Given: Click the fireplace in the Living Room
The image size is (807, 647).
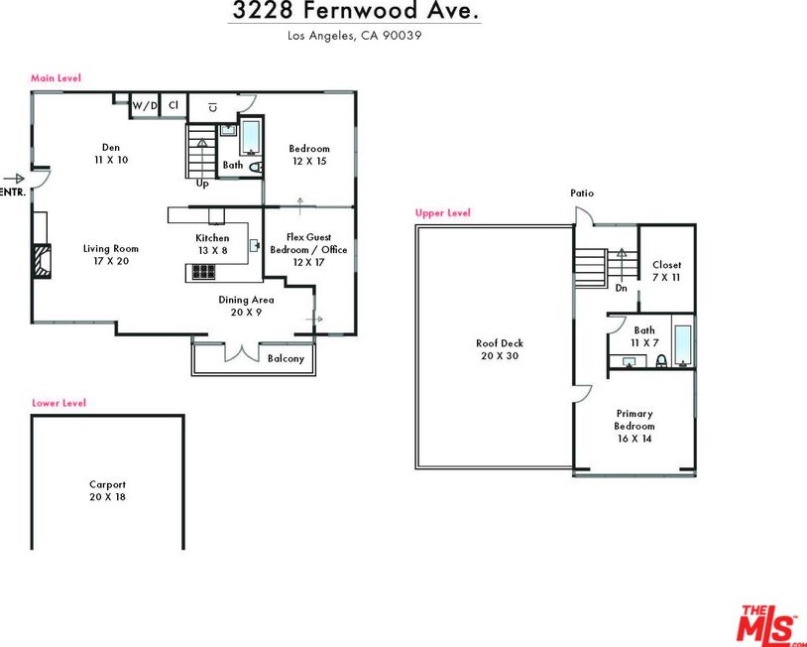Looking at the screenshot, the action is click(x=43, y=261).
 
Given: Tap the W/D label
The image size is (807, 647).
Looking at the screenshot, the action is click(x=145, y=106).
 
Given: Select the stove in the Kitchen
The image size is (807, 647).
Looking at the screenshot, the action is click(x=203, y=272).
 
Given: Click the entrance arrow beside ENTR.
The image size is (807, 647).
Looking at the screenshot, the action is click(x=14, y=179).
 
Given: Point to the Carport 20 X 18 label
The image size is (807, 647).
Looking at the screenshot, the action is click(x=107, y=490).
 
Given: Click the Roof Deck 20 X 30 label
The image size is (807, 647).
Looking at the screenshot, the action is click(x=500, y=349).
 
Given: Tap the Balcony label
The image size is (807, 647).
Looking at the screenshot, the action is click(x=286, y=358).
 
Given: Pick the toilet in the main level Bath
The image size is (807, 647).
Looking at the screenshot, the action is click(x=256, y=167).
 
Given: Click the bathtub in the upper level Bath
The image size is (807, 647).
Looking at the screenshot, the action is click(x=682, y=345).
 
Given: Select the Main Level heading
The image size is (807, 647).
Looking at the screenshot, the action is click(x=56, y=78).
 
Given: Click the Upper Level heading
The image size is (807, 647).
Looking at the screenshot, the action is click(x=442, y=212).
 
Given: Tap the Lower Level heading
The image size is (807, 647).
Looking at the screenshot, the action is click(x=58, y=403).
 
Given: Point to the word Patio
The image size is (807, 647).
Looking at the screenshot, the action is click(x=582, y=194).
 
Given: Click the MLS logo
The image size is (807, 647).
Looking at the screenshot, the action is click(x=770, y=624).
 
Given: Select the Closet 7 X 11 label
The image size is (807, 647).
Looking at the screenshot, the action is click(x=666, y=271).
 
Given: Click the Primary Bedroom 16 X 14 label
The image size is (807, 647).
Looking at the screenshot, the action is click(x=634, y=426).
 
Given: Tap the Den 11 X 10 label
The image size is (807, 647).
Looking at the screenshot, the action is click(x=111, y=154).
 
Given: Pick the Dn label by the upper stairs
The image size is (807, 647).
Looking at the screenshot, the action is click(x=622, y=288).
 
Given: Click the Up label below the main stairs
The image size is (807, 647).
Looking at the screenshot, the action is click(x=202, y=184).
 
